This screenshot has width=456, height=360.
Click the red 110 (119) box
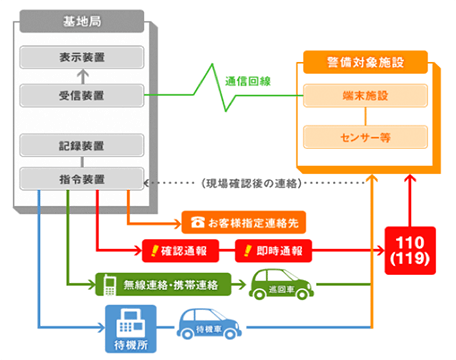(409, 249)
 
